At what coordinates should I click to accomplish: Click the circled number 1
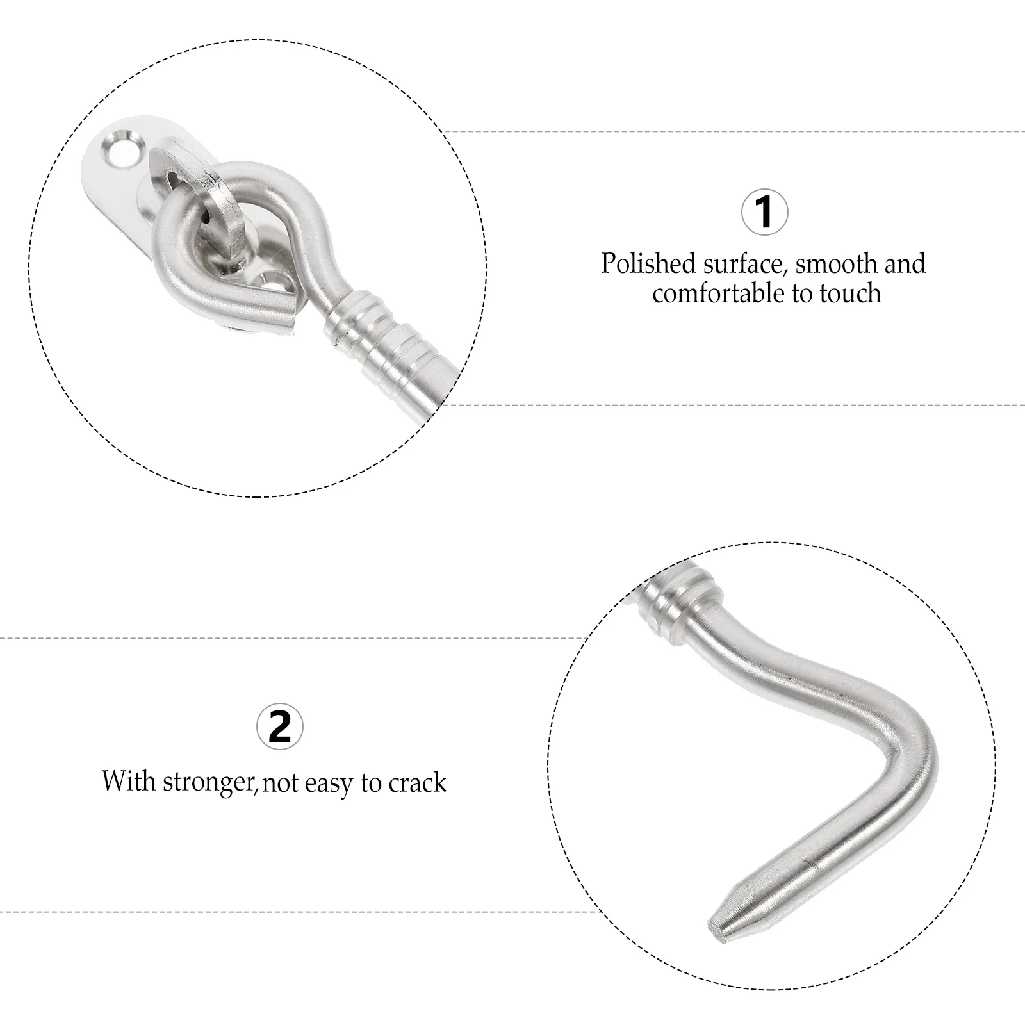tap(764, 212)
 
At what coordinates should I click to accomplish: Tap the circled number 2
tap(279, 726)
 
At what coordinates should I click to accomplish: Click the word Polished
tap(648, 264)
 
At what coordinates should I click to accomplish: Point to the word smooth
tap(836, 264)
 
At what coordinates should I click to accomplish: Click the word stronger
tap(208, 782)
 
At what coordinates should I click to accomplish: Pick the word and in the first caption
tap(903, 264)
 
